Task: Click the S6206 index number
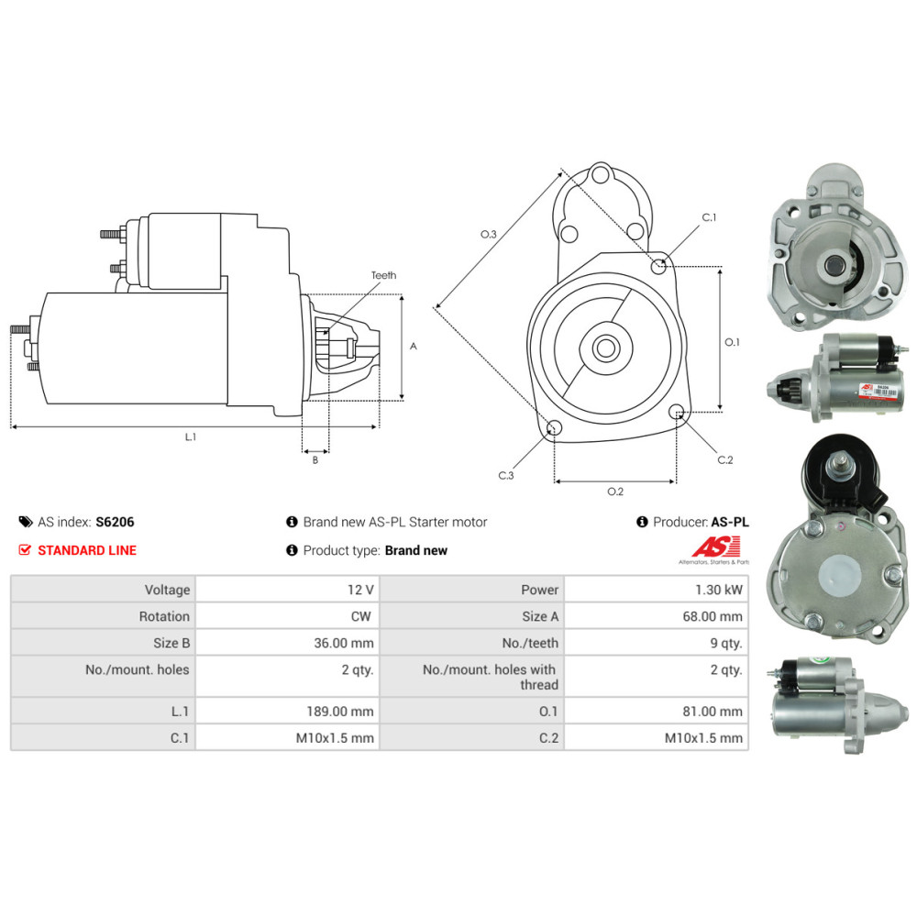pos(115,522)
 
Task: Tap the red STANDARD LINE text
pos(87,550)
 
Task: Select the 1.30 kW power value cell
pos(657,590)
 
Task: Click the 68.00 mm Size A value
pos(713,616)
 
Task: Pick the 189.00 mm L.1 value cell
pos(287,712)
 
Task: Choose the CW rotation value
pos(360,616)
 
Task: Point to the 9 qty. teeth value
pos(726,644)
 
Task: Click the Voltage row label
pos(167,590)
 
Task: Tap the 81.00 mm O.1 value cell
pos(657,712)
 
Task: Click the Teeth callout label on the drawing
pos(383,275)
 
